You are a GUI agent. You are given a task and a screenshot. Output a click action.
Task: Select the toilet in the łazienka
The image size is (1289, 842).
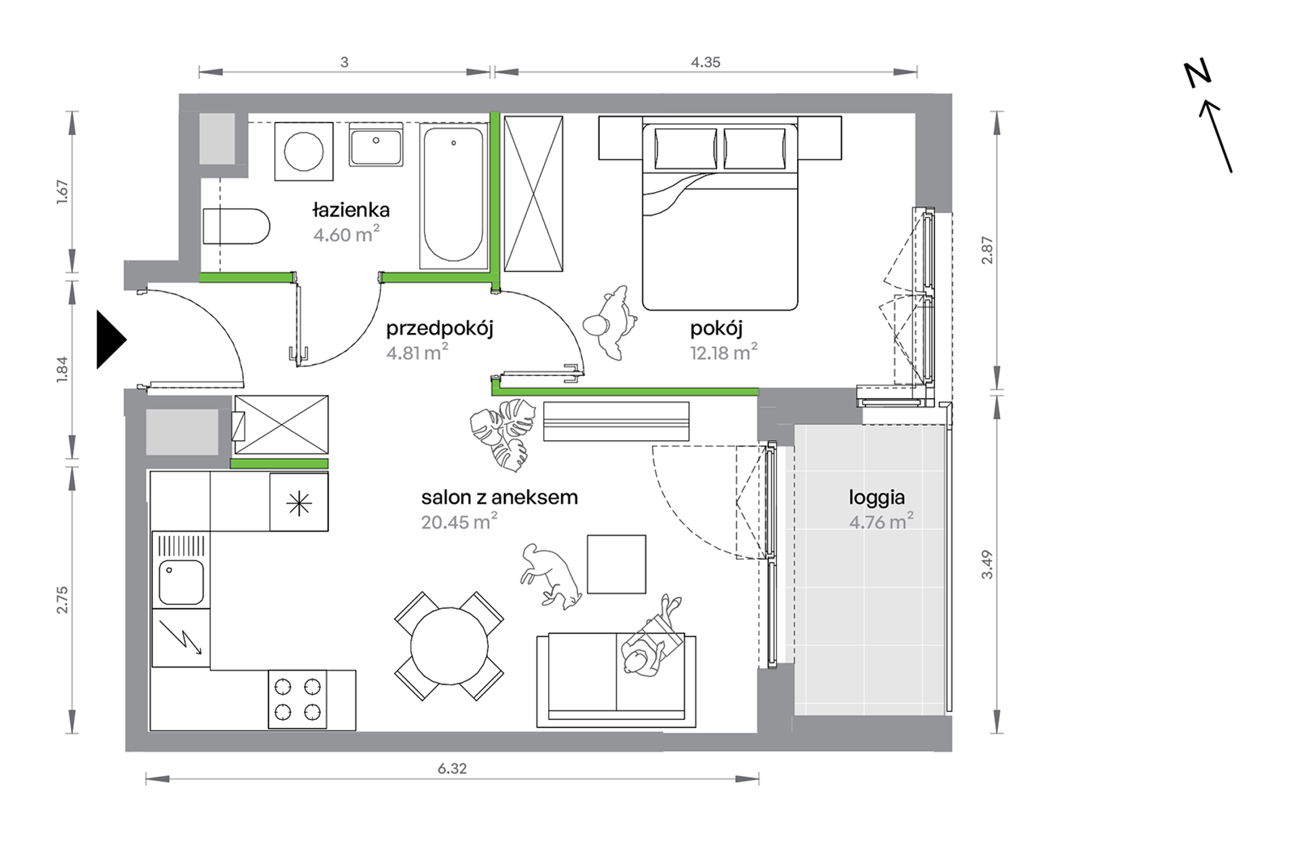point(236,226)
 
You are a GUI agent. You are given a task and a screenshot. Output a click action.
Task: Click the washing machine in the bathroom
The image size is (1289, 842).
point(304,151)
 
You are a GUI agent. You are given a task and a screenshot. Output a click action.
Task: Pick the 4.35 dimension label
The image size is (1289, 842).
point(706,62)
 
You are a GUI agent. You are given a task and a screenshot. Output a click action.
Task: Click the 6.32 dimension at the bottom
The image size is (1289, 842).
point(452,769)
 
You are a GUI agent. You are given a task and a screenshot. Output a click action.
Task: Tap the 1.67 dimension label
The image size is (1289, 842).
point(62,192)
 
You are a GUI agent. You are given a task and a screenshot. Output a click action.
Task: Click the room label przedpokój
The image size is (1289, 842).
point(440,329)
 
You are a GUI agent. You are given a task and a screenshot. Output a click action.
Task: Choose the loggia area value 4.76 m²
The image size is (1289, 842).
point(881,521)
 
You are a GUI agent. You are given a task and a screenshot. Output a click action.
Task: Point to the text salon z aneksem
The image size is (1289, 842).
point(499,497)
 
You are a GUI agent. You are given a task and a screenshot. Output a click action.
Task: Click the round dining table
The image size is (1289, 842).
point(449,646)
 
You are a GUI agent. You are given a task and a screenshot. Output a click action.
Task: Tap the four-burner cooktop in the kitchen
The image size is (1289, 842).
point(297,700)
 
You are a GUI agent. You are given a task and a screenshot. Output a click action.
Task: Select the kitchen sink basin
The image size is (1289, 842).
point(181,583)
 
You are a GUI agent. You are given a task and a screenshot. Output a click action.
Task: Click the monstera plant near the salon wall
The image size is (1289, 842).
point(499,434)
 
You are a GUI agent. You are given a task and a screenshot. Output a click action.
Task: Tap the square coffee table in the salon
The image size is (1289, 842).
point(617,564)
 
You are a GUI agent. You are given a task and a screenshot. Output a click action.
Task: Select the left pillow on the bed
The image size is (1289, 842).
point(685,149)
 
